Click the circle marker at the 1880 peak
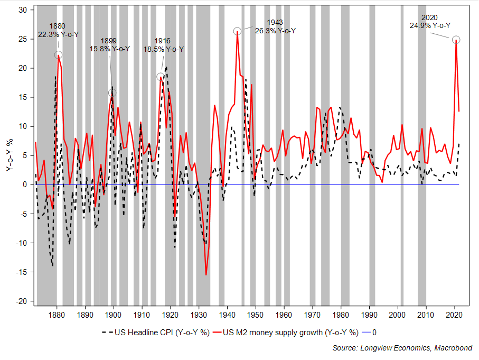click(58, 55)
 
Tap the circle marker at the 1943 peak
click(238, 31)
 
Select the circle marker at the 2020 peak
click(456, 40)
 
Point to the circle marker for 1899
click(112, 93)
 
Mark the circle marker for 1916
click(161, 77)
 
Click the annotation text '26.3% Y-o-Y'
click(275, 31)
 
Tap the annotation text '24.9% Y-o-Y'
click(430, 25)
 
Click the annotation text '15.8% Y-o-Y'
click(109, 49)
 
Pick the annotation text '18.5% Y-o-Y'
click(164, 49)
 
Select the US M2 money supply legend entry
click(291, 333)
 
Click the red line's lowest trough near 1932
click(206, 275)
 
